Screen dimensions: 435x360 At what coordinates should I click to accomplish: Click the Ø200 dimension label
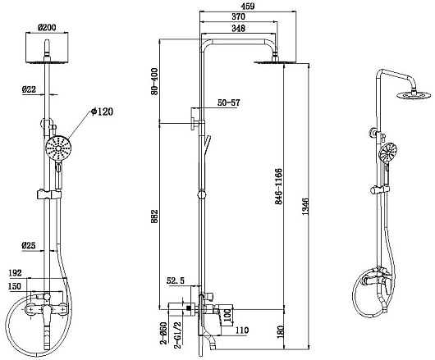point(47,27)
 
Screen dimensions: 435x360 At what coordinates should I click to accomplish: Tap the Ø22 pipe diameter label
point(29,89)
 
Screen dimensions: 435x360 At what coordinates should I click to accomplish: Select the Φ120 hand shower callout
point(102,112)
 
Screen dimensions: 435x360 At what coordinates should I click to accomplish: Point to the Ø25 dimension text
point(29,245)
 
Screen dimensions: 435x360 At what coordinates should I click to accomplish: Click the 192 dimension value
point(15,273)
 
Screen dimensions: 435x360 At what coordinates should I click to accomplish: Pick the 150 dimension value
point(15,286)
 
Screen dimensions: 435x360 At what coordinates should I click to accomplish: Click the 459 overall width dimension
point(248,6)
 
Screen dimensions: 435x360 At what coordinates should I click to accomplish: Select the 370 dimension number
point(239,16)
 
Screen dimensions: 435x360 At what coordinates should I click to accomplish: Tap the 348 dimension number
point(239,28)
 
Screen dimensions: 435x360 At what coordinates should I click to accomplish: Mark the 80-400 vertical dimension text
point(154,81)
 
